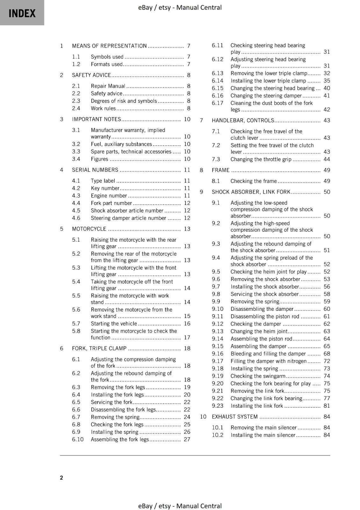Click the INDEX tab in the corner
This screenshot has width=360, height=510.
[x=22, y=13]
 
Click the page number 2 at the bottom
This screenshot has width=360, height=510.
[x=61, y=477]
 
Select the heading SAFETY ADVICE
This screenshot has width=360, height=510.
[x=91, y=75]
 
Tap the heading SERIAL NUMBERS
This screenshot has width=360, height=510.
[x=95, y=170]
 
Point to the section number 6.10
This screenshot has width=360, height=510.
[x=78, y=439]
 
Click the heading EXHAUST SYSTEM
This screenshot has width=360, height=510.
[x=234, y=417]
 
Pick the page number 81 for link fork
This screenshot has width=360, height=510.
[x=327, y=406]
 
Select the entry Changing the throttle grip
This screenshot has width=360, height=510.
[x=261, y=159]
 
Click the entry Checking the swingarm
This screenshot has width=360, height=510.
[x=258, y=376]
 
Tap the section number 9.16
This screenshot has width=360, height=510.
[x=218, y=353]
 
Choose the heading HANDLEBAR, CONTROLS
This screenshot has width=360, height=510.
[x=243, y=120]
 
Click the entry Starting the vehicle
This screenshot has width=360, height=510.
[x=113, y=324]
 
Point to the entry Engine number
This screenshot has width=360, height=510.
[x=109, y=196]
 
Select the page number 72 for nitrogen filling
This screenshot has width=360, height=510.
[x=327, y=361]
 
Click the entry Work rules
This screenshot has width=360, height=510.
[x=103, y=108]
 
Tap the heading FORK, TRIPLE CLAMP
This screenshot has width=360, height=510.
[x=99, y=348]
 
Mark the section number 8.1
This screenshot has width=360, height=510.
[x=216, y=181]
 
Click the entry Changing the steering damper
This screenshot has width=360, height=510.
[x=266, y=96]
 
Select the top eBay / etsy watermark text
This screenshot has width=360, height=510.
[x=180, y=7]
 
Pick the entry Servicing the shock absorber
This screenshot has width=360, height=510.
[x=264, y=294]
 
